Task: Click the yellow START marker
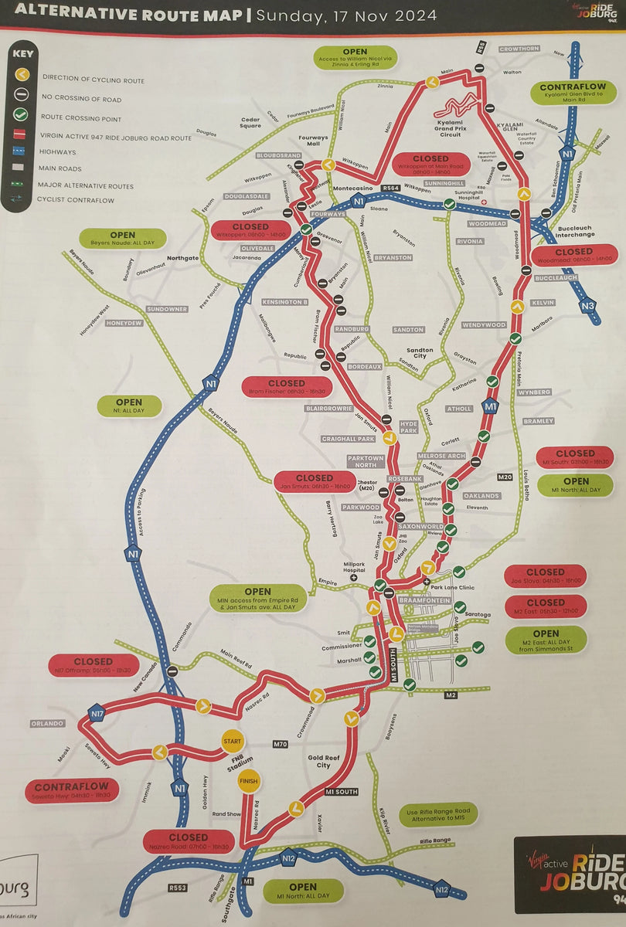coord(232,741)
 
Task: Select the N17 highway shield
coord(95,711)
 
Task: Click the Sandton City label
coord(420,354)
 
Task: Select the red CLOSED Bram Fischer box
coord(287,387)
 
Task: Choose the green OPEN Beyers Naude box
coord(122,239)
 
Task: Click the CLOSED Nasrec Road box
coord(189,841)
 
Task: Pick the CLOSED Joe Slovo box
coord(545,576)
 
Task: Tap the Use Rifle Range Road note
coord(438,814)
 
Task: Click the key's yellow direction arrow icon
coord(22,74)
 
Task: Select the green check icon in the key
coord(22,114)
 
